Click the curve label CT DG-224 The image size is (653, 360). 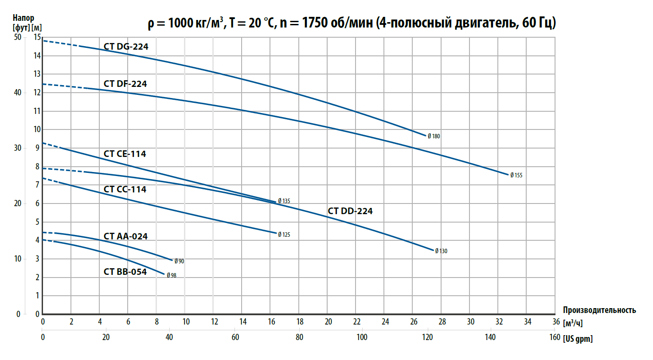pyautogui.click(x=126, y=47)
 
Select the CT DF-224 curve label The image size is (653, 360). pyautogui.click(x=125, y=83)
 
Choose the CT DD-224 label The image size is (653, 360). pyautogui.click(x=350, y=211)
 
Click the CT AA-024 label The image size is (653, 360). pyautogui.click(x=125, y=236)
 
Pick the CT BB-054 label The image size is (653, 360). pyautogui.click(x=125, y=272)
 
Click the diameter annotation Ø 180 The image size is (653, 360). pyautogui.click(x=434, y=137)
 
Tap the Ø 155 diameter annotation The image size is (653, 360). pyautogui.click(x=516, y=175)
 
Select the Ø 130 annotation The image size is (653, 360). pyautogui.click(x=441, y=251)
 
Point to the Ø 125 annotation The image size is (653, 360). pyautogui.click(x=284, y=235)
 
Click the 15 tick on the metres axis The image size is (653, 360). pyautogui.click(x=37, y=37)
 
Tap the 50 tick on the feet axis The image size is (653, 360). pyautogui.click(x=17, y=37)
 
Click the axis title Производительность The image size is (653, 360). pyautogui.click(x=599, y=310)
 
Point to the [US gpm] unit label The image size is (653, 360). pyautogui.click(x=578, y=339)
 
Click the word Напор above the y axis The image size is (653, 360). pyautogui.click(x=22, y=19)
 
